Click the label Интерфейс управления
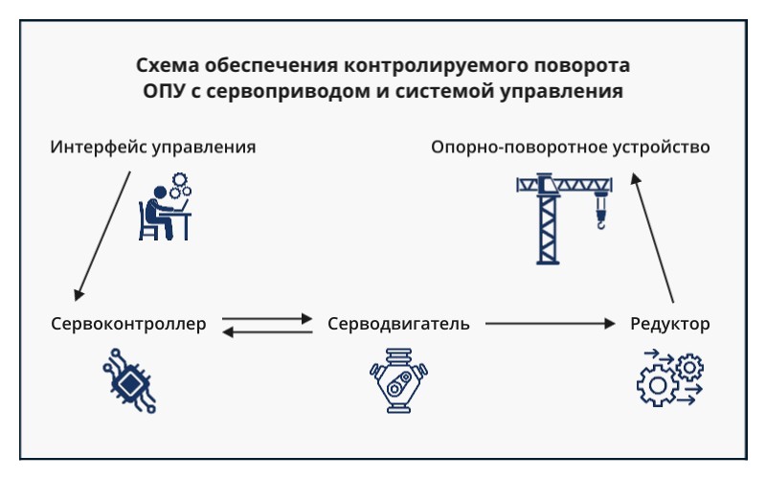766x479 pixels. click(153, 148)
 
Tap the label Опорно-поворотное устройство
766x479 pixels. click(570, 148)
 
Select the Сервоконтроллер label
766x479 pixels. click(128, 324)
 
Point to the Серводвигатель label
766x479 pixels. click(398, 324)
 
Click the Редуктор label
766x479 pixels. click(670, 324)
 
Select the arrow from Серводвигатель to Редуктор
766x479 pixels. click(550, 324)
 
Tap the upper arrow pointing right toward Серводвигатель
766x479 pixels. click(268, 318)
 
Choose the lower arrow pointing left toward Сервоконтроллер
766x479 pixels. click(268, 331)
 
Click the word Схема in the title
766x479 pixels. click(167, 67)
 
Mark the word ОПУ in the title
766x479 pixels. click(160, 93)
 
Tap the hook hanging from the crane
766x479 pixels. click(600, 217)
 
